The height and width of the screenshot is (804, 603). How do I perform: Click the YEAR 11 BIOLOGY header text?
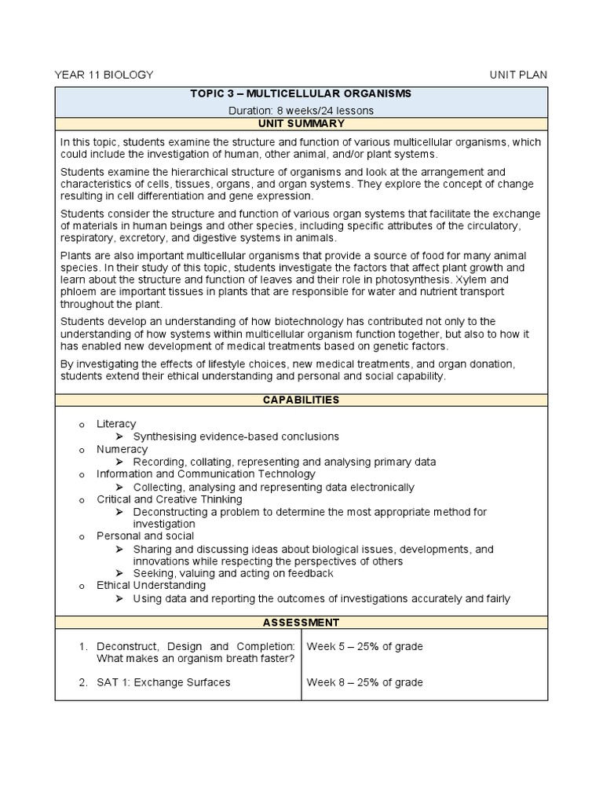point(104,75)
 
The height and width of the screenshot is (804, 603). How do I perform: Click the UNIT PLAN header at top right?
point(518,75)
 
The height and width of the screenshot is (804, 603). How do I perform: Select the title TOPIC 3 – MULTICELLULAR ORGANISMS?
point(301,93)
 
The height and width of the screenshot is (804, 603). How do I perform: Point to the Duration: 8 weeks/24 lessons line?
point(301,111)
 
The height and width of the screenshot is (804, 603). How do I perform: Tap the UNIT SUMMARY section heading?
point(301,124)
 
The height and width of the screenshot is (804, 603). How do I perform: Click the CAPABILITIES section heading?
point(301,400)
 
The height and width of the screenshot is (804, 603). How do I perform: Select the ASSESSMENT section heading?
point(301,623)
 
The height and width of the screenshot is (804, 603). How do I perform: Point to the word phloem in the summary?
point(79,291)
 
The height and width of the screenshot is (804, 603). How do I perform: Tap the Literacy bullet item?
point(116,424)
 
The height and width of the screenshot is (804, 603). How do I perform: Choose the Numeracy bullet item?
point(122,449)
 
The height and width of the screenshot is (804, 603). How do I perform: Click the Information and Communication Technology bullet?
point(206,474)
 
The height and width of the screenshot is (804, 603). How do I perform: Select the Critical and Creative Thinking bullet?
point(169,499)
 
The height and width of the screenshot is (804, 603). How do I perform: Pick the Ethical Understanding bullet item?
point(151,586)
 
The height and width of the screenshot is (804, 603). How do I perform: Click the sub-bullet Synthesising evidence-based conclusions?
point(236,437)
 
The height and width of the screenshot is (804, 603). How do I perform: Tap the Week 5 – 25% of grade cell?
point(364,646)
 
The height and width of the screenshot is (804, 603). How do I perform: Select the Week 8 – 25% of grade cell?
point(364,682)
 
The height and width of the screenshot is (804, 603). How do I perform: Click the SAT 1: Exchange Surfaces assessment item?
point(163,682)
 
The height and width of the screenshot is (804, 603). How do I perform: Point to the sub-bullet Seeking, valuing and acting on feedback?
point(233,574)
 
